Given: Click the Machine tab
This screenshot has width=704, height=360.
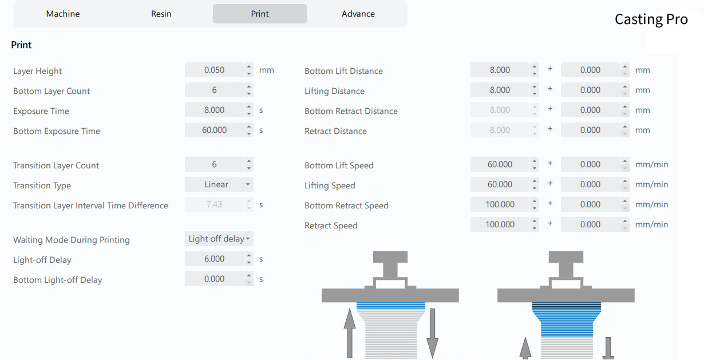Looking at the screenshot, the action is pyautogui.click(x=63, y=14).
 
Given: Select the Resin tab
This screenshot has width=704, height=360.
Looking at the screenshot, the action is pyautogui.click(x=161, y=14).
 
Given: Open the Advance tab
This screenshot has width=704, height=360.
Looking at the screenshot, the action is pyautogui.click(x=358, y=14).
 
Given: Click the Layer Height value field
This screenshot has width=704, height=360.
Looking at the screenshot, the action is pyautogui.click(x=215, y=70).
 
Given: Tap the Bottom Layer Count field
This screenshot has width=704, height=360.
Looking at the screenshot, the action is pyautogui.click(x=215, y=90).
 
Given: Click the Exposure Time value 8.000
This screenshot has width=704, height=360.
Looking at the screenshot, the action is pyautogui.click(x=215, y=110).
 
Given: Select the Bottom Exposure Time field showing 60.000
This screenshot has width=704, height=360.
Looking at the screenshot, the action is pyautogui.click(x=215, y=130).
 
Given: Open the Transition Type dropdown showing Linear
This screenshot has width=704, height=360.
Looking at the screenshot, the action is pyautogui.click(x=219, y=184).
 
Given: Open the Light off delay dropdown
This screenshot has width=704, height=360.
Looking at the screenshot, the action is pyautogui.click(x=219, y=239).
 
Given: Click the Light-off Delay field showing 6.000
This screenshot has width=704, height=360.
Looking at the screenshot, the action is pyautogui.click(x=215, y=259).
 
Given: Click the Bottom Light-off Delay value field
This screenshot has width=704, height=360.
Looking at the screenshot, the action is pyautogui.click(x=215, y=279).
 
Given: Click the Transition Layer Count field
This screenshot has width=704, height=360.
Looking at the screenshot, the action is pyautogui.click(x=215, y=164).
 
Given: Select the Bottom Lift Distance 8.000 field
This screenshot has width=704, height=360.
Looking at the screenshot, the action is pyautogui.click(x=500, y=70).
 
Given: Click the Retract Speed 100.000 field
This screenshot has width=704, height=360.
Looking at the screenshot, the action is pyautogui.click(x=500, y=224).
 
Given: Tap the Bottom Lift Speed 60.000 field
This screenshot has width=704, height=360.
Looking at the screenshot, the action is pyautogui.click(x=500, y=164).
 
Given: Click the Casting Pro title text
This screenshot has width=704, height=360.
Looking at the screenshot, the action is pyautogui.click(x=651, y=19).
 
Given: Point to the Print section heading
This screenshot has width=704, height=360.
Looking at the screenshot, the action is pyautogui.click(x=21, y=45).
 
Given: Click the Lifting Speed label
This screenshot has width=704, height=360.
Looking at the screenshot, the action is pyautogui.click(x=330, y=185).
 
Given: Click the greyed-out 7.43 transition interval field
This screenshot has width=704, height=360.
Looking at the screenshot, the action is pyautogui.click(x=214, y=204).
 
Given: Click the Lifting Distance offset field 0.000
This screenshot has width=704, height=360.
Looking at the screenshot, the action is pyautogui.click(x=590, y=90).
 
